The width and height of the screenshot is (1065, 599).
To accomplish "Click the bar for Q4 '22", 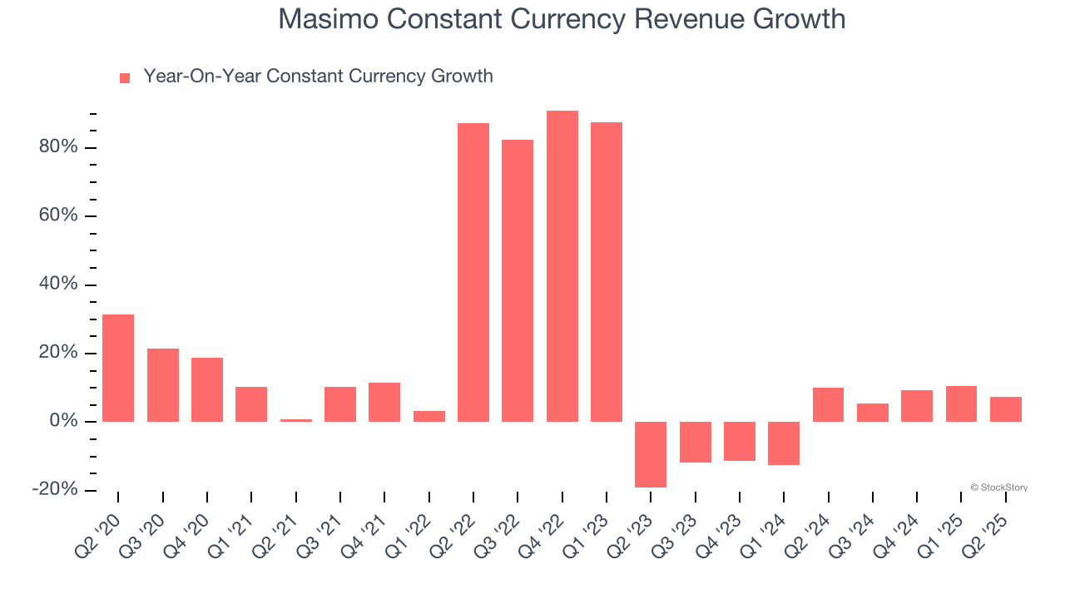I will (x=562, y=266).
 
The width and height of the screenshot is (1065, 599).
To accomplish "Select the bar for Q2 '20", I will (x=118, y=368).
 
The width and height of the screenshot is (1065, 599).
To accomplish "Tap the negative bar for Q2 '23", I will (x=651, y=454).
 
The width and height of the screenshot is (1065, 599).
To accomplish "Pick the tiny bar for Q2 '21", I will (x=296, y=420).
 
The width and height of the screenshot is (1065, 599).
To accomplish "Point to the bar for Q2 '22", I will (x=473, y=272).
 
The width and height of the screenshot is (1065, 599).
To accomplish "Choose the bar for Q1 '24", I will (x=784, y=443).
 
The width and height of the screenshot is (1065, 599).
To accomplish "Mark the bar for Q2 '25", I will (x=1006, y=409).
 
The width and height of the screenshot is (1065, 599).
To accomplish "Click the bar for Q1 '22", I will (x=429, y=416).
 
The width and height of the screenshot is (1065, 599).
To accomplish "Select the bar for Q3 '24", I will (x=873, y=413).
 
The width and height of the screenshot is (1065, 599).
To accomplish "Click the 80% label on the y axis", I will (x=58, y=147).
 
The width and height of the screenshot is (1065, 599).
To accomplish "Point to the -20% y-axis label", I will (x=55, y=489).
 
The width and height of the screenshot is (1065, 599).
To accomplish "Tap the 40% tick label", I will (x=58, y=285).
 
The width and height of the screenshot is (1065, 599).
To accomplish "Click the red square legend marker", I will (x=125, y=78).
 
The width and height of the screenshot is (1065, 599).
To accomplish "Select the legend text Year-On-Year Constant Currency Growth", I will (x=318, y=77).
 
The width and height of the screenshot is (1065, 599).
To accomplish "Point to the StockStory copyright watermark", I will (x=998, y=488).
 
